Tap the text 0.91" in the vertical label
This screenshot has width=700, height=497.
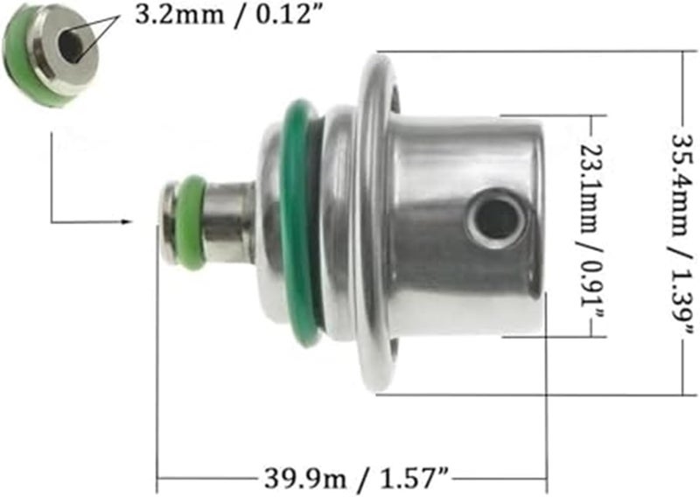[592, 290]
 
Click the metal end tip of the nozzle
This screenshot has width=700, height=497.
[168, 220]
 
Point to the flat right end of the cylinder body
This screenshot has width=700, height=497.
[535, 219]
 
